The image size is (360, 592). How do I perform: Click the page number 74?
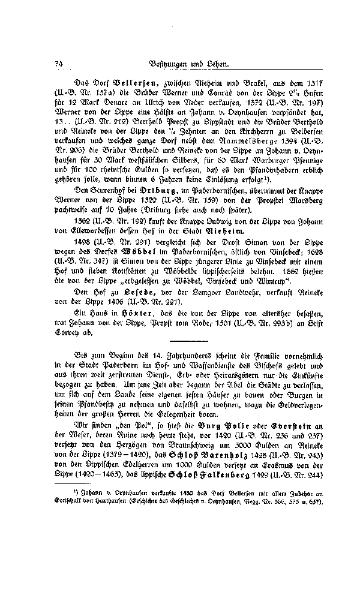[x=58, y=62]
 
